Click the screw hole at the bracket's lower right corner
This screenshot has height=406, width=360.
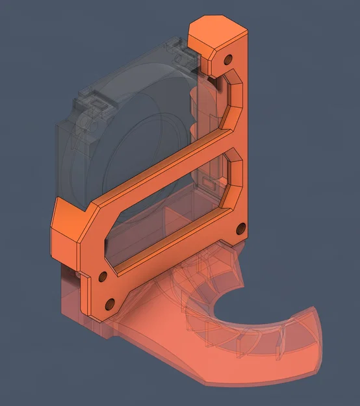(241, 227)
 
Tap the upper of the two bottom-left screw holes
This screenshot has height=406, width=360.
(101, 277)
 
